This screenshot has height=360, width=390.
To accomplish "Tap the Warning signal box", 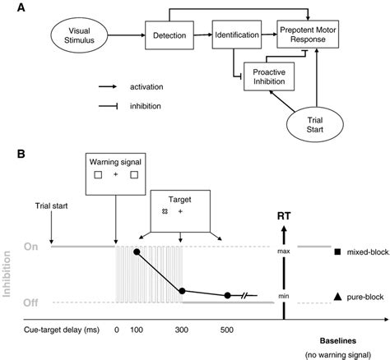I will (116, 176).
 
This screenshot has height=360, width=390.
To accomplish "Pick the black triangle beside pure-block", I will (327, 294).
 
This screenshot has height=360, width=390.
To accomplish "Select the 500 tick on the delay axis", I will (228, 330).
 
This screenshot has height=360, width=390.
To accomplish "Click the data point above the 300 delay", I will (182, 290).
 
